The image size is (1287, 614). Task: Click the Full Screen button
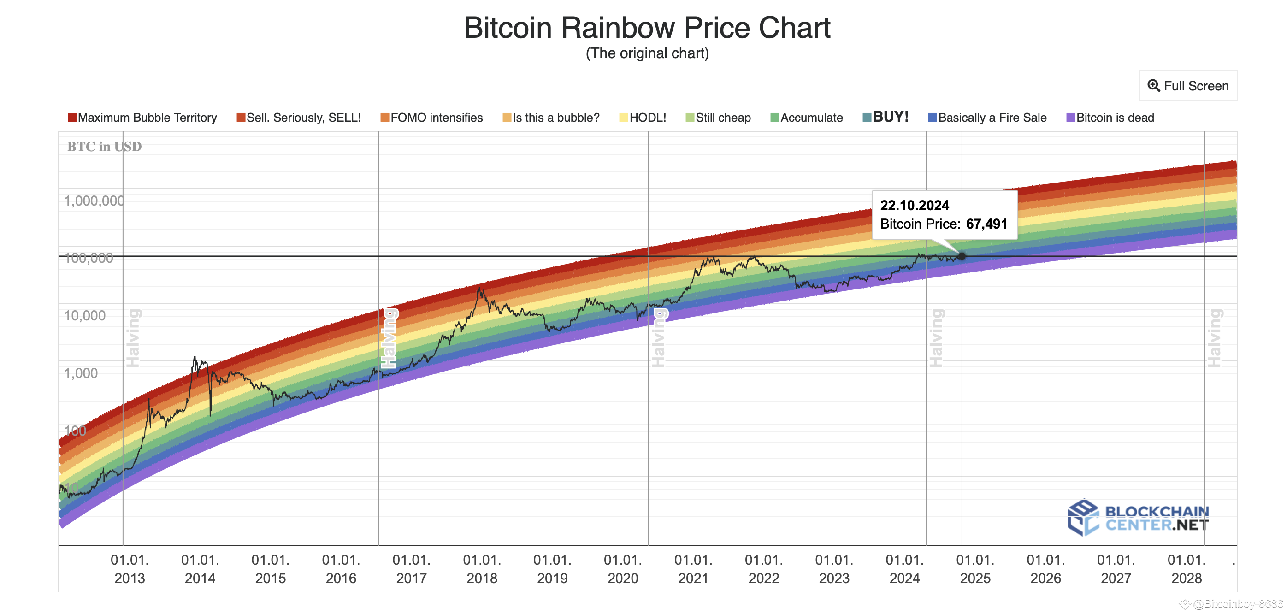pos(1188,86)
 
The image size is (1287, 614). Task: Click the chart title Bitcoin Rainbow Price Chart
pos(647,28)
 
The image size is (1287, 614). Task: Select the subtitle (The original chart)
pos(647,53)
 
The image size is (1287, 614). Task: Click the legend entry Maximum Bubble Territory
pos(143,118)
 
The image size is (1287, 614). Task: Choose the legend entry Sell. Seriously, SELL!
pos(299,118)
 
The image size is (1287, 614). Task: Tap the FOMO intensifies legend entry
pos(432,118)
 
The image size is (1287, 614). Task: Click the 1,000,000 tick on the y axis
pos(94,201)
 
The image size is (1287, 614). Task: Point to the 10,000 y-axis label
pos(85,316)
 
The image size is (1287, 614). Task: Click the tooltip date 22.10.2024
pos(914,205)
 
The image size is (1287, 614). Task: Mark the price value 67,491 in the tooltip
pos(986,224)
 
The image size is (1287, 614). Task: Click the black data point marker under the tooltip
pos(962,256)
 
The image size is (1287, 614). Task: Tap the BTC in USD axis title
pos(105,147)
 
